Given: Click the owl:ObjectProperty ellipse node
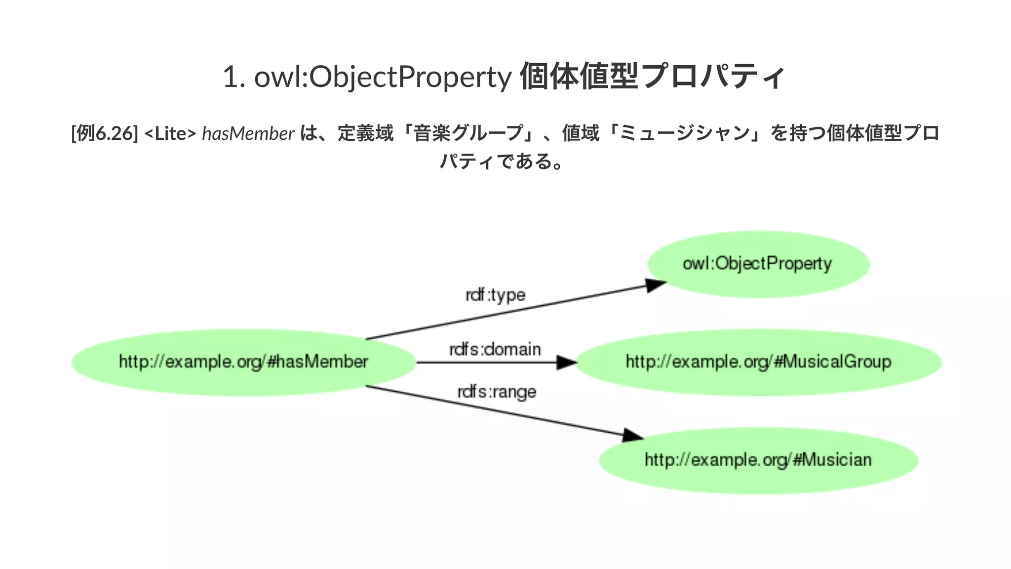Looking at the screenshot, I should click(758, 264).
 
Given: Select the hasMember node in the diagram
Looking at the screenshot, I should click(243, 362).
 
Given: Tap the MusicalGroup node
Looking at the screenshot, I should click(758, 362).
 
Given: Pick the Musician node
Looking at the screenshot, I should click(758, 460).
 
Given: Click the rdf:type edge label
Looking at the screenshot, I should click(495, 295).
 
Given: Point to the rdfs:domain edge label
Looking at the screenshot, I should click(495, 350).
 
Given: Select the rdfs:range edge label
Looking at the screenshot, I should click(497, 392).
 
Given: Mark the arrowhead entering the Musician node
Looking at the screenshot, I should click(632, 435).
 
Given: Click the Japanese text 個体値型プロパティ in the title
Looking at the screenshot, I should click(652, 77).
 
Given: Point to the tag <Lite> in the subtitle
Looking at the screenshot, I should click(170, 133).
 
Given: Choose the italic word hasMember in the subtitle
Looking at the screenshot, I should click(248, 133).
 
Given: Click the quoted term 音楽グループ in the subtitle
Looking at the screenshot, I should click(468, 133).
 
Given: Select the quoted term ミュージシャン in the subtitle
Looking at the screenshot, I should click(684, 133).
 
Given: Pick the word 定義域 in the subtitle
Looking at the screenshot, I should click(365, 133).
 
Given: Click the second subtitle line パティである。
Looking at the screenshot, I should click(501, 162).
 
